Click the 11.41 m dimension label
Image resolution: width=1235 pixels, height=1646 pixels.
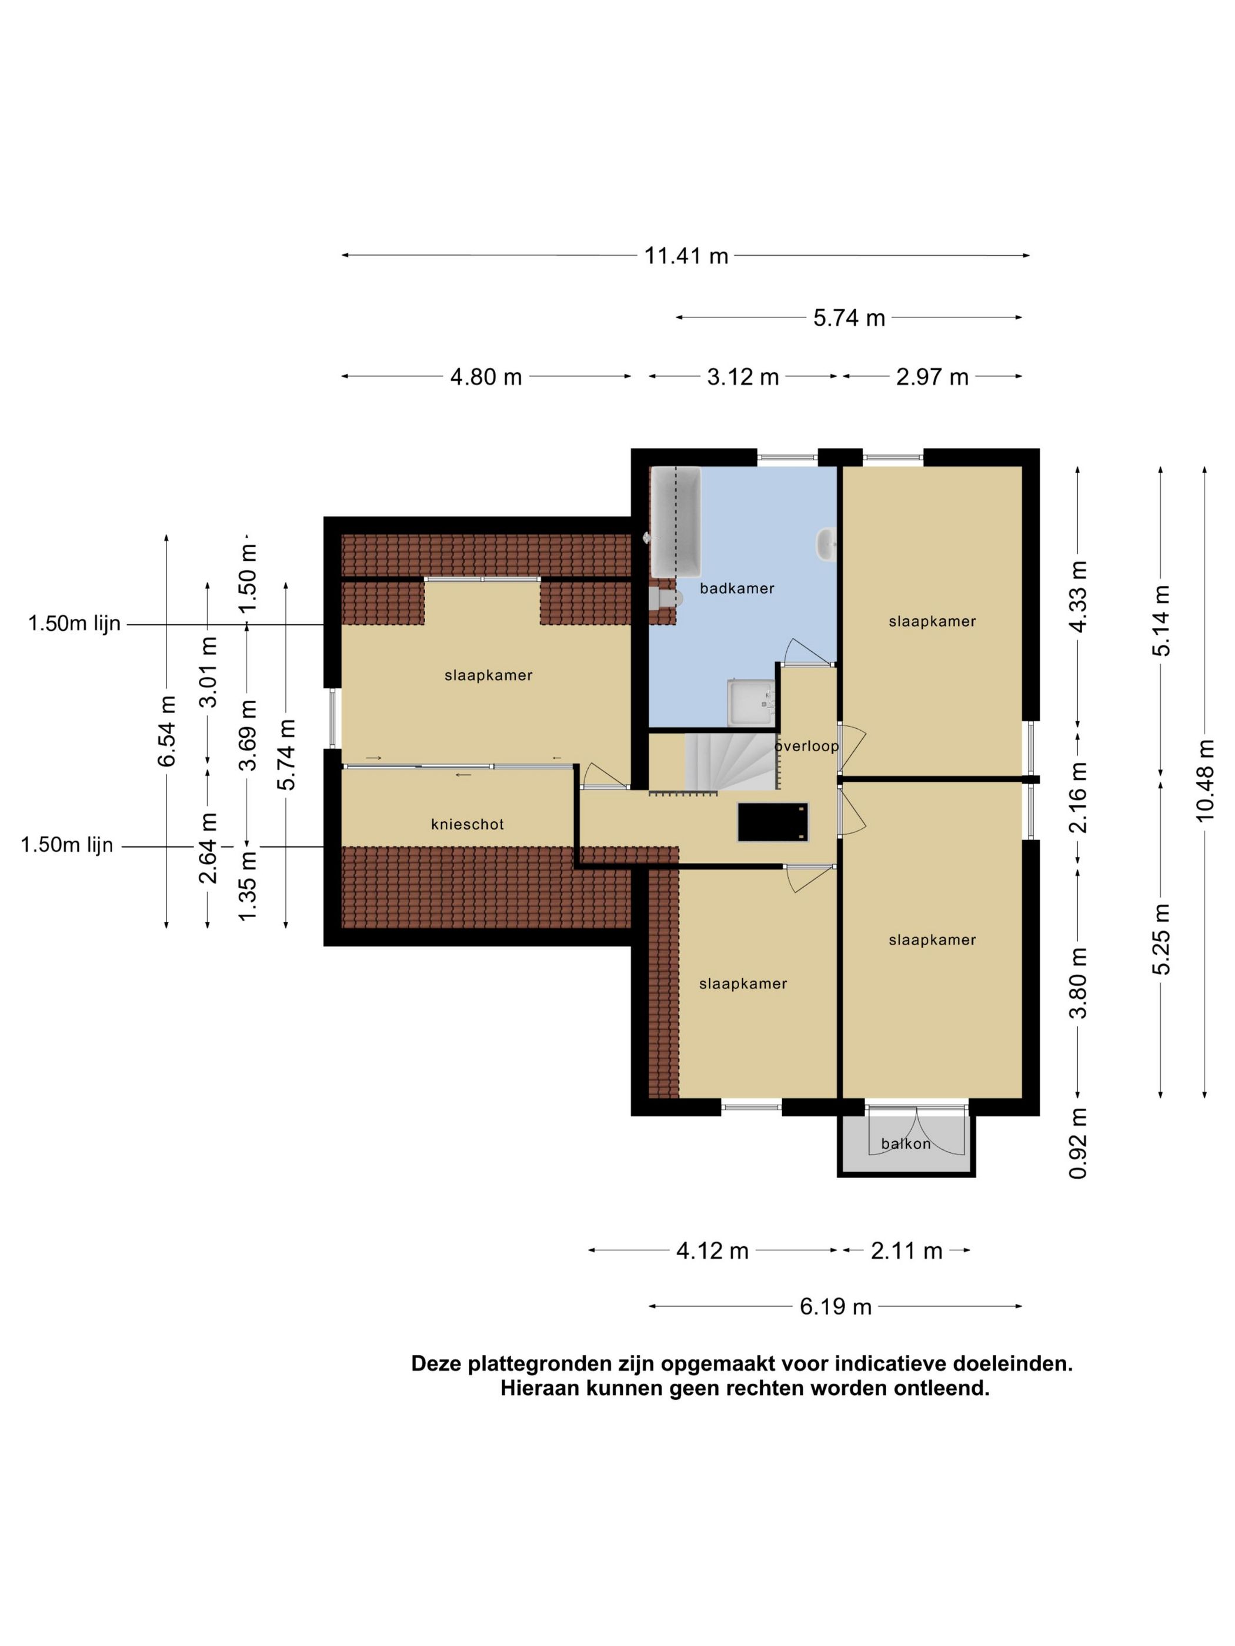(686, 256)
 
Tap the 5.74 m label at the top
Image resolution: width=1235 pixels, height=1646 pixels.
(849, 319)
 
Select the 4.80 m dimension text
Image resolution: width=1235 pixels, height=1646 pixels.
(485, 377)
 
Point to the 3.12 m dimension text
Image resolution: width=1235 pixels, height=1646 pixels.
(743, 377)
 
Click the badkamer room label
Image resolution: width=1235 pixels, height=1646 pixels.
(737, 588)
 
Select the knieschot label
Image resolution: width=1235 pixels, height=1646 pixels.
(468, 825)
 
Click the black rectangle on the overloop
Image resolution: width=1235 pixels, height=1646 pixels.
(773, 822)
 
